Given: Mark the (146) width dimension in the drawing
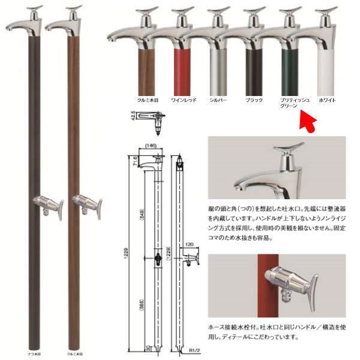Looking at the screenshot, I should [x=149, y=145].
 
